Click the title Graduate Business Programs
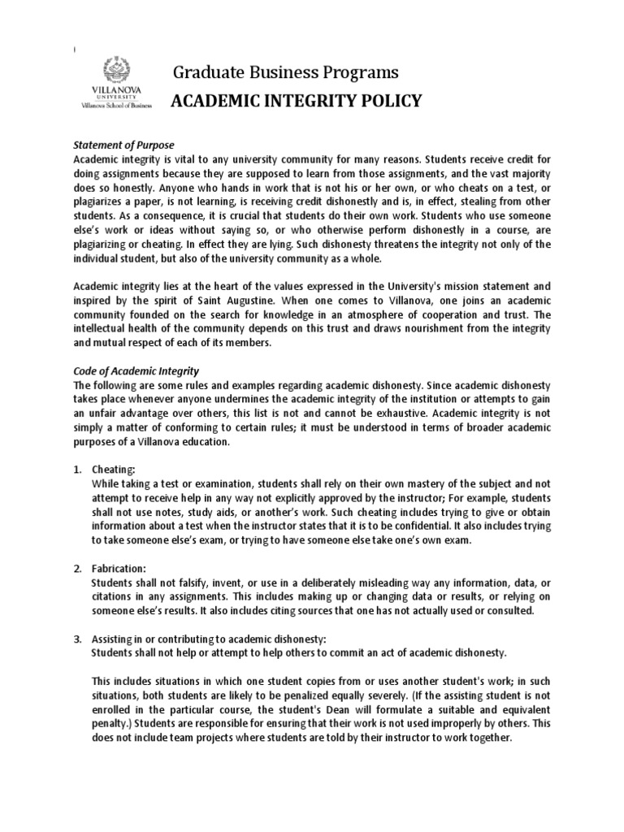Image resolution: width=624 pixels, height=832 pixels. tap(285, 73)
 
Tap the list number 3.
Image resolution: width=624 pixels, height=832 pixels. tap(78, 638)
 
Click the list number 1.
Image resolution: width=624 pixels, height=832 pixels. tap(78, 470)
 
